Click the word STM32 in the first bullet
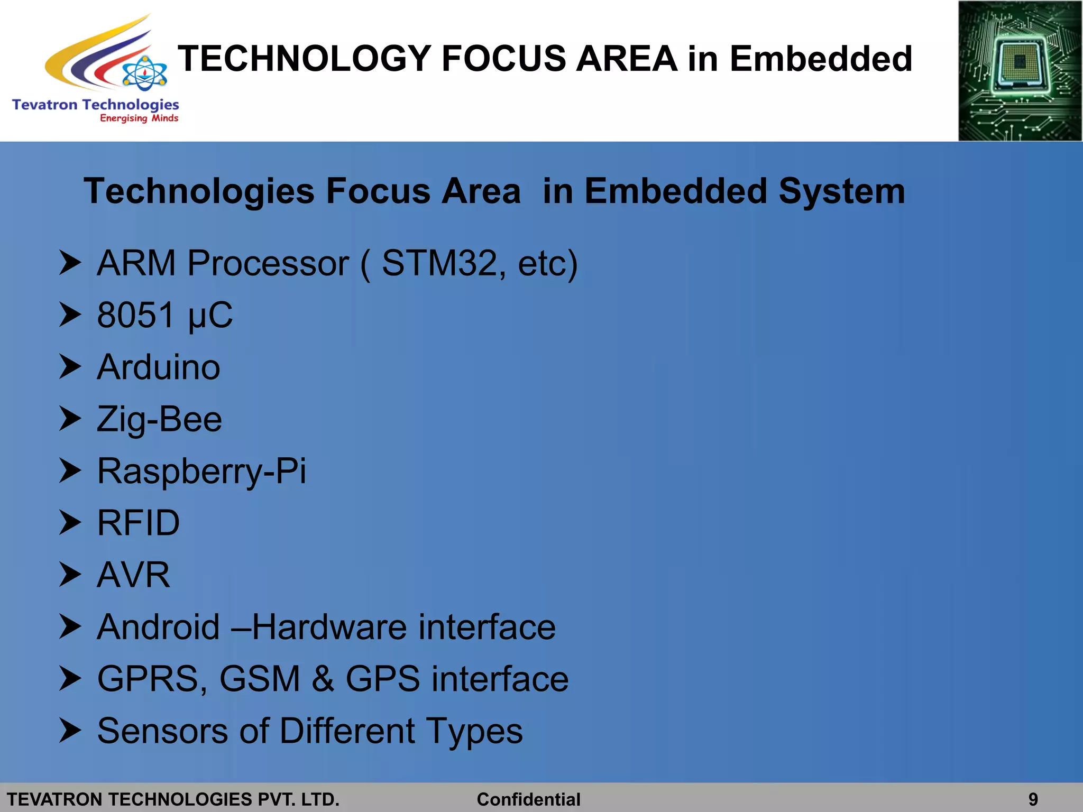click(x=439, y=263)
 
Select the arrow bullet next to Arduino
click(x=70, y=366)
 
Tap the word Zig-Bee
click(x=159, y=419)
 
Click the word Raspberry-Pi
click(x=201, y=471)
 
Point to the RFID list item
click(x=139, y=523)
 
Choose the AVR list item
click(x=134, y=575)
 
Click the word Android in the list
click(x=158, y=627)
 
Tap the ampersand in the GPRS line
click(x=323, y=679)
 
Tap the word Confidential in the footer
click(x=528, y=799)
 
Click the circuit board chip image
click(x=1020, y=71)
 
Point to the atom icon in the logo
click(x=144, y=73)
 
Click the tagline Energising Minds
click(x=139, y=118)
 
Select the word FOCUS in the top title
click(x=503, y=58)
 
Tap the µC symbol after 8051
click(x=210, y=315)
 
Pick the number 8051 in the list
click(x=135, y=315)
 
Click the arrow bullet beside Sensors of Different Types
click(x=70, y=730)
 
